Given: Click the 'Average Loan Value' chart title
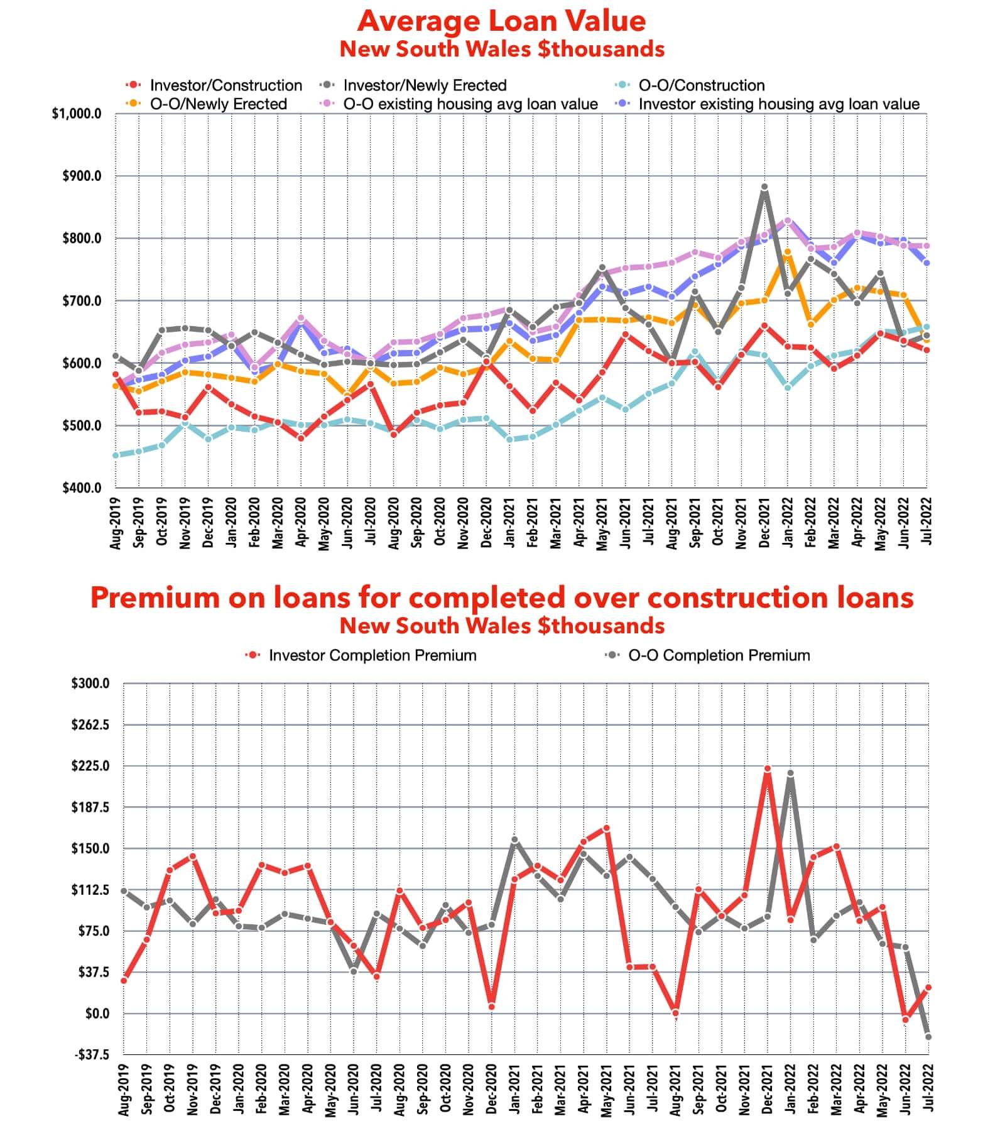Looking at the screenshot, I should click(x=501, y=21).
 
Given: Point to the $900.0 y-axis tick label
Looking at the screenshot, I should click(x=82, y=176).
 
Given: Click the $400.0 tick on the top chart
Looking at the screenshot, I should click(x=82, y=488).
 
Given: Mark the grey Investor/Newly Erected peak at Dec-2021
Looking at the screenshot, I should click(x=764, y=187).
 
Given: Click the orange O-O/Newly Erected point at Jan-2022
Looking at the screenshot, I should click(x=788, y=252).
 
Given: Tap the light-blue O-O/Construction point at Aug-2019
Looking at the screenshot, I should click(x=116, y=455).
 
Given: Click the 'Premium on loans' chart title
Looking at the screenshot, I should click(x=501, y=597).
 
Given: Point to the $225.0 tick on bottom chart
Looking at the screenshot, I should click(x=90, y=766).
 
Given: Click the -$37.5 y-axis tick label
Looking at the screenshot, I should click(x=92, y=1054).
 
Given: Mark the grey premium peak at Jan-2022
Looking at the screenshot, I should click(x=790, y=773).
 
